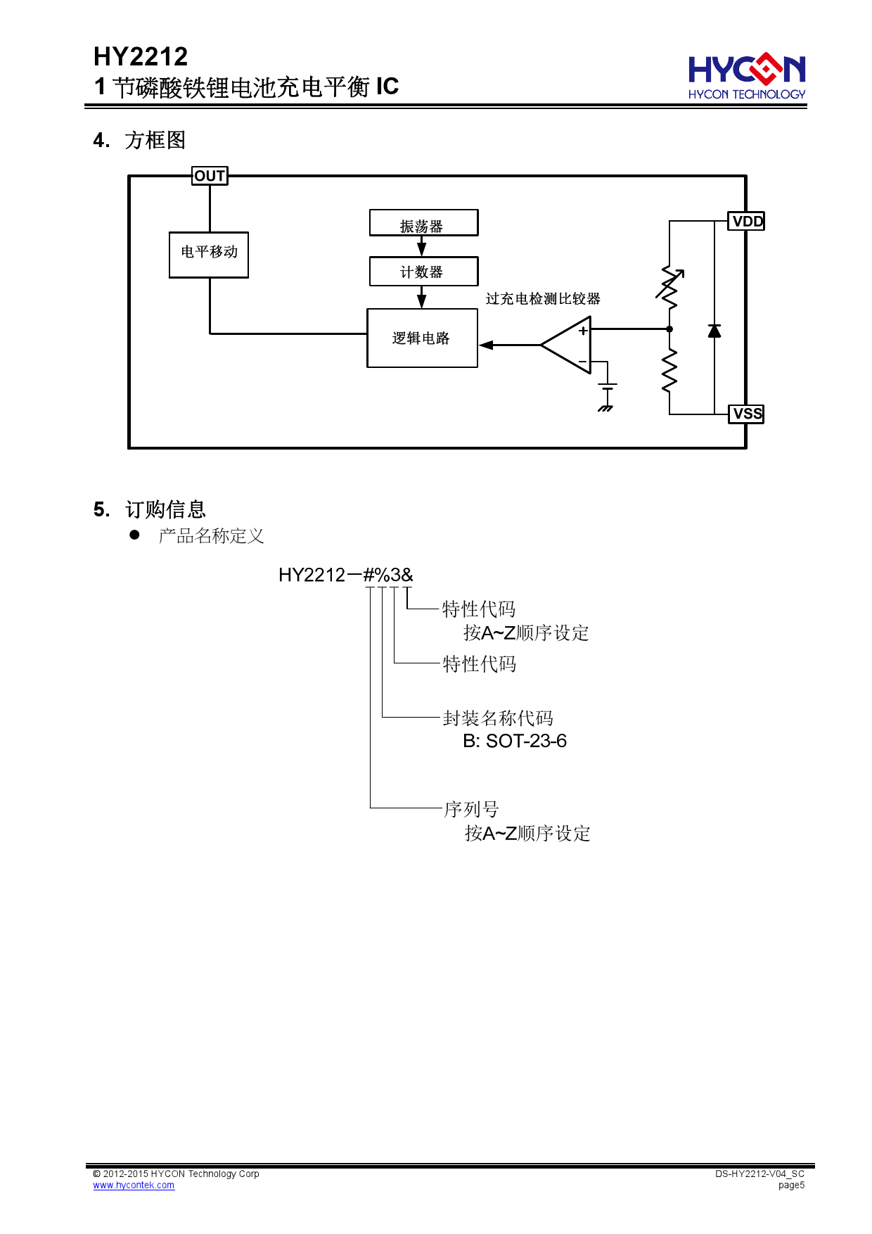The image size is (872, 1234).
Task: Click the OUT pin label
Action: (x=210, y=176)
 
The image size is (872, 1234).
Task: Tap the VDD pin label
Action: (x=747, y=222)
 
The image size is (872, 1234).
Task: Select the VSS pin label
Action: (x=747, y=414)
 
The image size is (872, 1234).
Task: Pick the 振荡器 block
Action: (x=423, y=223)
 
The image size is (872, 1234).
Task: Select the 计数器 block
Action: (x=423, y=272)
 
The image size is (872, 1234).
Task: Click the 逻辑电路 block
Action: (x=422, y=338)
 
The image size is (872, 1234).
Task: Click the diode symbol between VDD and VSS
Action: (x=714, y=331)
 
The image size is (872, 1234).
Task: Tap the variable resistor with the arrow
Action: (x=669, y=287)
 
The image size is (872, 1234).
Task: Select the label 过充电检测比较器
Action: (x=543, y=299)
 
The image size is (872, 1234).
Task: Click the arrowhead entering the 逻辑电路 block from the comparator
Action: (x=486, y=345)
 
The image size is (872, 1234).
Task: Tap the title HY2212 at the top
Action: (x=141, y=56)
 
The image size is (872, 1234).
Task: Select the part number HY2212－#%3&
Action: (x=346, y=575)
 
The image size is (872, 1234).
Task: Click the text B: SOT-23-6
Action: (x=515, y=741)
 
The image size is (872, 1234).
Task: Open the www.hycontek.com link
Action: (x=134, y=1185)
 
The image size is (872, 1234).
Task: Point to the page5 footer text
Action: (x=791, y=1185)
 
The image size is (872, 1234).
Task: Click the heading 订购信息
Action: (x=165, y=509)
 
